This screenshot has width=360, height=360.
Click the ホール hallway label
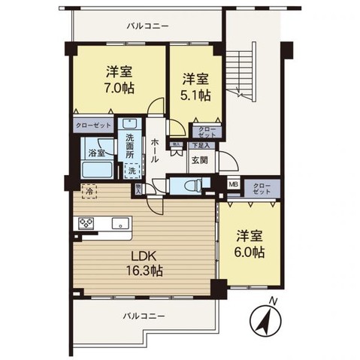[x=154, y=151]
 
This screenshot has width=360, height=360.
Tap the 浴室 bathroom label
[x=96, y=153]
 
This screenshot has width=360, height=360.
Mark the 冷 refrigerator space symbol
[x=88, y=192]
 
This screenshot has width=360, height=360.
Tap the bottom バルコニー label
[x=145, y=316]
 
